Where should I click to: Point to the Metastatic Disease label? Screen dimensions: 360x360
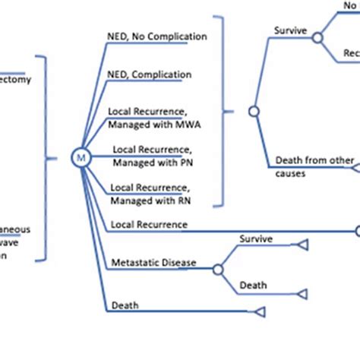pos(153,263)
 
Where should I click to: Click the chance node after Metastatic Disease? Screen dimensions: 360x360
pos(218,269)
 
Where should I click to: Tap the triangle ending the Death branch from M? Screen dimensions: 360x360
pos(259,312)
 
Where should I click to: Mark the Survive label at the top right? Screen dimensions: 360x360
pos(289,31)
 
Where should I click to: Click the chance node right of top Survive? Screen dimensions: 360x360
pos(317,37)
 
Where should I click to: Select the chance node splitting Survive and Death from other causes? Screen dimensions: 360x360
pos(254,111)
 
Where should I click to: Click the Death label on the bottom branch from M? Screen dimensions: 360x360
pos(125,305)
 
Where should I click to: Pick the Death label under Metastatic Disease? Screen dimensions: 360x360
pos(254,286)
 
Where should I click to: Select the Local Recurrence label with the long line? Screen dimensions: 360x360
pos(149,224)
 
